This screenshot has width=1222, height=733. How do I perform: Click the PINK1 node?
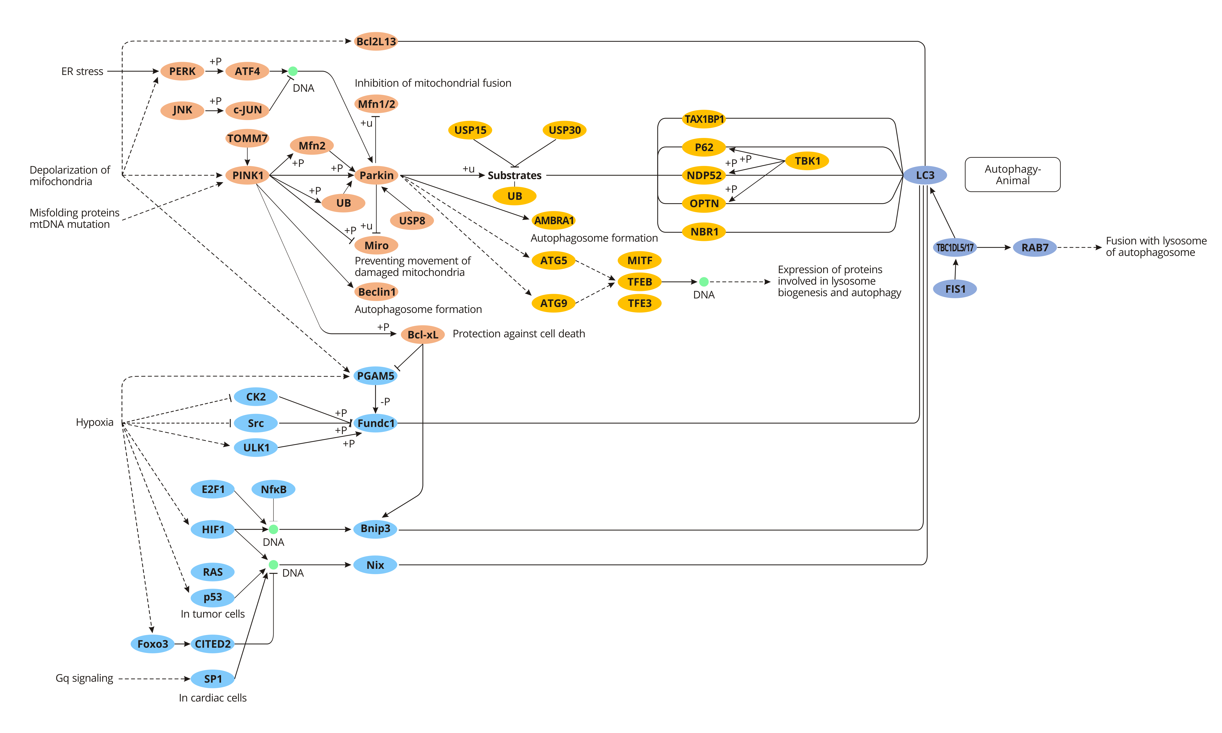[247, 175]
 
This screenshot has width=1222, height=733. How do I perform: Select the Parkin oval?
[376, 175]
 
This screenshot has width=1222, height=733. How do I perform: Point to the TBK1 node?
[807, 161]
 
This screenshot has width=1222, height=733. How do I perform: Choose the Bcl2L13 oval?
[376, 41]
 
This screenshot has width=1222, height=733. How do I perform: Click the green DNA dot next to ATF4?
[293, 71]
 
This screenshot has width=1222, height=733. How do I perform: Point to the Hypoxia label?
[94, 422]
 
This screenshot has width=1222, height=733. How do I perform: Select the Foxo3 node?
[153, 644]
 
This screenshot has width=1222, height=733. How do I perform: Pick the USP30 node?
[565, 130]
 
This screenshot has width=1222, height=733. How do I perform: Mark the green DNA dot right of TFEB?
[704, 282]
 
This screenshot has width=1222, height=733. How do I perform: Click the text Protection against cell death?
[519, 334]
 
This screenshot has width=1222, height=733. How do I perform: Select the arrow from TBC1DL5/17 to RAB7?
[994, 247]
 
